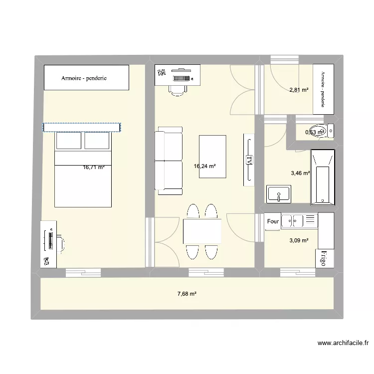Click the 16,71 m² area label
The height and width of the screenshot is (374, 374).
(94, 168)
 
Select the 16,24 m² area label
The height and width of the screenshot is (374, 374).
(204, 168)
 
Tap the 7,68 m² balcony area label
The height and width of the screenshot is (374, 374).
(187, 294)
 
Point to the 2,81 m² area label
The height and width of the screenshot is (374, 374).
(299, 90)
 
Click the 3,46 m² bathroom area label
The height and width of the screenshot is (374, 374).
(300, 174)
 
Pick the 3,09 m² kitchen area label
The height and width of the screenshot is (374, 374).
(299, 240)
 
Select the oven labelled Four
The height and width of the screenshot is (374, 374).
(272, 222)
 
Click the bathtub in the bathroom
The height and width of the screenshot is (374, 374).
(322, 178)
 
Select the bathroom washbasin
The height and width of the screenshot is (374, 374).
(279, 193)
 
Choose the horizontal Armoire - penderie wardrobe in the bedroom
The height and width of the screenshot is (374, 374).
(87, 78)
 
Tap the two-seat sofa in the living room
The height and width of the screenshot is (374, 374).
(168, 161)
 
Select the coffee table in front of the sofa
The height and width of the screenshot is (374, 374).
(212, 157)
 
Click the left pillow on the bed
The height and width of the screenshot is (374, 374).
(69, 141)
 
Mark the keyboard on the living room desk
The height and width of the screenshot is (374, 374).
(182, 78)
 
